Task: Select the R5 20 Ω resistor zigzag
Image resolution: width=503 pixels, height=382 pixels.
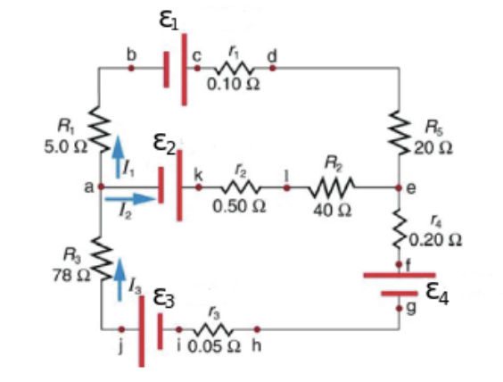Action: (400, 131)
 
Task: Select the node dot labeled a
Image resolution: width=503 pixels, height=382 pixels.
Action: (101, 187)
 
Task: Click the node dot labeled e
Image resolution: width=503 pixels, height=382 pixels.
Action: (400, 188)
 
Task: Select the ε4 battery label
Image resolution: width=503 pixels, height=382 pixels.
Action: (439, 294)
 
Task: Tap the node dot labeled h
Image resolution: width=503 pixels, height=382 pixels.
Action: (257, 329)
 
